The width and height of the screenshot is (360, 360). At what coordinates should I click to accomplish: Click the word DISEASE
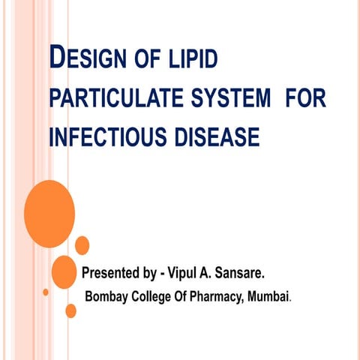point(218,138)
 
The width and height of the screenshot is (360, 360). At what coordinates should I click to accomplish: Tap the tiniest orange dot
point(46,292)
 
